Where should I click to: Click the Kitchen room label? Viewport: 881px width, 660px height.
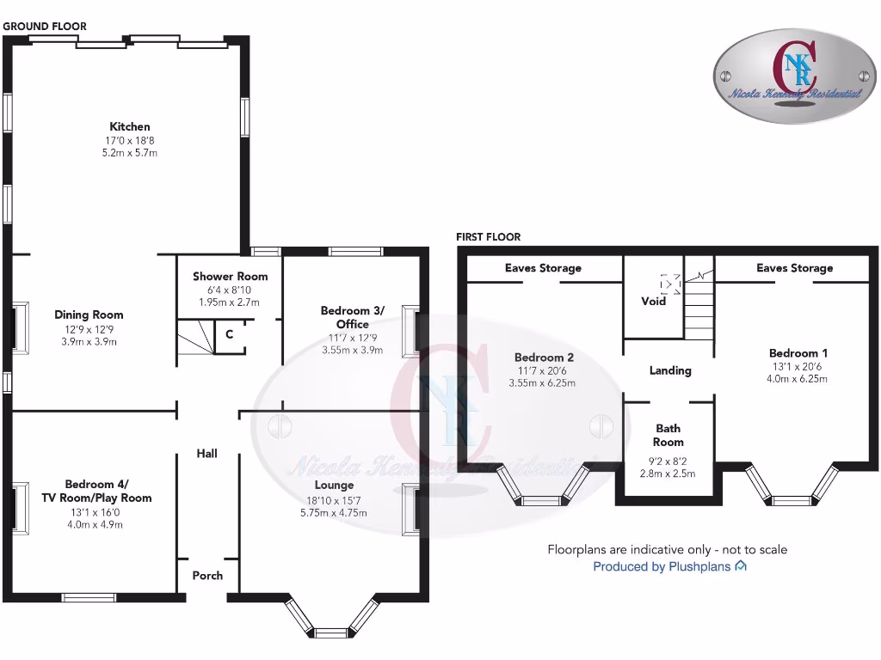pyautogui.click(x=130, y=126)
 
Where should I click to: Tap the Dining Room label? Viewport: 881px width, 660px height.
pyautogui.click(x=89, y=315)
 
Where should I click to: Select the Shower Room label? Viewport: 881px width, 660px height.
pyautogui.click(x=230, y=276)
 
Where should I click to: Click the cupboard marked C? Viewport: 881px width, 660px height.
pyautogui.click(x=229, y=335)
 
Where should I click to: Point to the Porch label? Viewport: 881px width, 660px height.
pyautogui.click(x=207, y=575)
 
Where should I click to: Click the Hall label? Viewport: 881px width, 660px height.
pyautogui.click(x=206, y=453)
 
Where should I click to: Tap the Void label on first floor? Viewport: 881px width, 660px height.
pyautogui.click(x=654, y=301)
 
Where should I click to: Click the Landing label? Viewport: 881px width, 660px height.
pyautogui.click(x=670, y=370)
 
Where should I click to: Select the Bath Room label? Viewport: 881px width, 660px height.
pyautogui.click(x=668, y=435)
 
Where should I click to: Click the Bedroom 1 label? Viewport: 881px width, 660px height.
pyautogui.click(x=793, y=352)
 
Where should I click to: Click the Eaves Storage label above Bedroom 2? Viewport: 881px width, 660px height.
pyautogui.click(x=543, y=268)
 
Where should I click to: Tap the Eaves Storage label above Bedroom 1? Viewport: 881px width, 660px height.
pyautogui.click(x=794, y=268)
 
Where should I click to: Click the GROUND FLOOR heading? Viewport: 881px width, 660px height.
pyautogui.click(x=45, y=26)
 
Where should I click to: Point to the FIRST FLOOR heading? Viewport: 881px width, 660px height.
pyautogui.click(x=488, y=236)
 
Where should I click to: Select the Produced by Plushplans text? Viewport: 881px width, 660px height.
pyautogui.click(x=662, y=566)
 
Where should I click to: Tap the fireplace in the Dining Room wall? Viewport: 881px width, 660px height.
pyautogui.click(x=17, y=327)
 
